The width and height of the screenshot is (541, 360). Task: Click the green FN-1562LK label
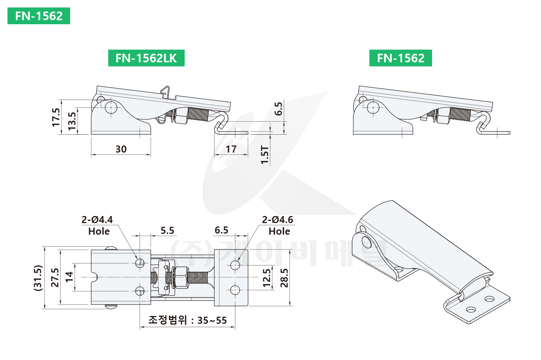146,58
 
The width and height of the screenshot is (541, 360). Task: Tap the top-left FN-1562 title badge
39,16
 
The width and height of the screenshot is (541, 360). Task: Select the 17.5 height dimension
56,118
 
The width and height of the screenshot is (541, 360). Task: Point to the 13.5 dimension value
72,121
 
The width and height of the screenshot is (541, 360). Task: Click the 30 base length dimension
121,149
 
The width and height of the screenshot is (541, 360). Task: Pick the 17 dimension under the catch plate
231,149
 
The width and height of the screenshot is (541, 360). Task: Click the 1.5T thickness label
265,155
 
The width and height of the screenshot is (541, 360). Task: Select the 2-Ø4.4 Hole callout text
97,225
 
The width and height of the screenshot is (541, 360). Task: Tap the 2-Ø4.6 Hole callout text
278,225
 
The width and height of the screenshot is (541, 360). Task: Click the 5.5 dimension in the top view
168,230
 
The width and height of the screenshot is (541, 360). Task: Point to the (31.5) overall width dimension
38,278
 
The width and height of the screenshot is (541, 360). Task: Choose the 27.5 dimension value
55,278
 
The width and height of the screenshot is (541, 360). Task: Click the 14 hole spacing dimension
69,277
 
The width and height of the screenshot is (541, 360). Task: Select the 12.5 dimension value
267,278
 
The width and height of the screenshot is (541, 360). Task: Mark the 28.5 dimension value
284,278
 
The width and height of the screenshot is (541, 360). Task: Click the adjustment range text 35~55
212,320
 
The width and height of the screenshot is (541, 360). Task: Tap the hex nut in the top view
181,278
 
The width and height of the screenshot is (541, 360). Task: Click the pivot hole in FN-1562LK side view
111,108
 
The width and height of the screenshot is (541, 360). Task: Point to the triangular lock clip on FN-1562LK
165,92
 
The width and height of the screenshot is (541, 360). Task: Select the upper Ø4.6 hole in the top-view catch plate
235,265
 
